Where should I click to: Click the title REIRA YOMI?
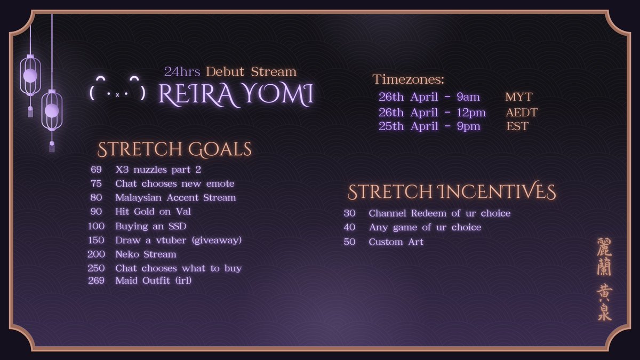tap(236, 95)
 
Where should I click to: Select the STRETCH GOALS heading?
tap(174, 149)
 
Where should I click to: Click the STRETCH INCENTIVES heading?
tap(452, 192)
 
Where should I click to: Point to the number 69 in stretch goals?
tap(96, 170)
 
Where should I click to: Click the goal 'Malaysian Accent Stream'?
tap(175, 197)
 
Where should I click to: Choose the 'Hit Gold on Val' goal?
tap(153, 212)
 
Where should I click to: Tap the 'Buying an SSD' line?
tap(150, 226)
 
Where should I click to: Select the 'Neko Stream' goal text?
tap(146, 254)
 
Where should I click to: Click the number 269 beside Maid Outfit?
tap(96, 281)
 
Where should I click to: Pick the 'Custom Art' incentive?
tap(396, 242)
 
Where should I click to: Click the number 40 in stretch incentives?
tap(349, 227)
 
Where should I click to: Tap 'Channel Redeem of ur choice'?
tap(439, 213)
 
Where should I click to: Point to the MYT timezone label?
tap(518, 97)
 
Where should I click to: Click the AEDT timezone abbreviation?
tap(522, 112)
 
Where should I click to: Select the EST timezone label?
tap(517, 126)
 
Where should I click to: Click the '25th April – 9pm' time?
tap(429, 126)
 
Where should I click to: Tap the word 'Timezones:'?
tap(408, 80)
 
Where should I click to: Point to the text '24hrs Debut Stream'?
tap(230, 71)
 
